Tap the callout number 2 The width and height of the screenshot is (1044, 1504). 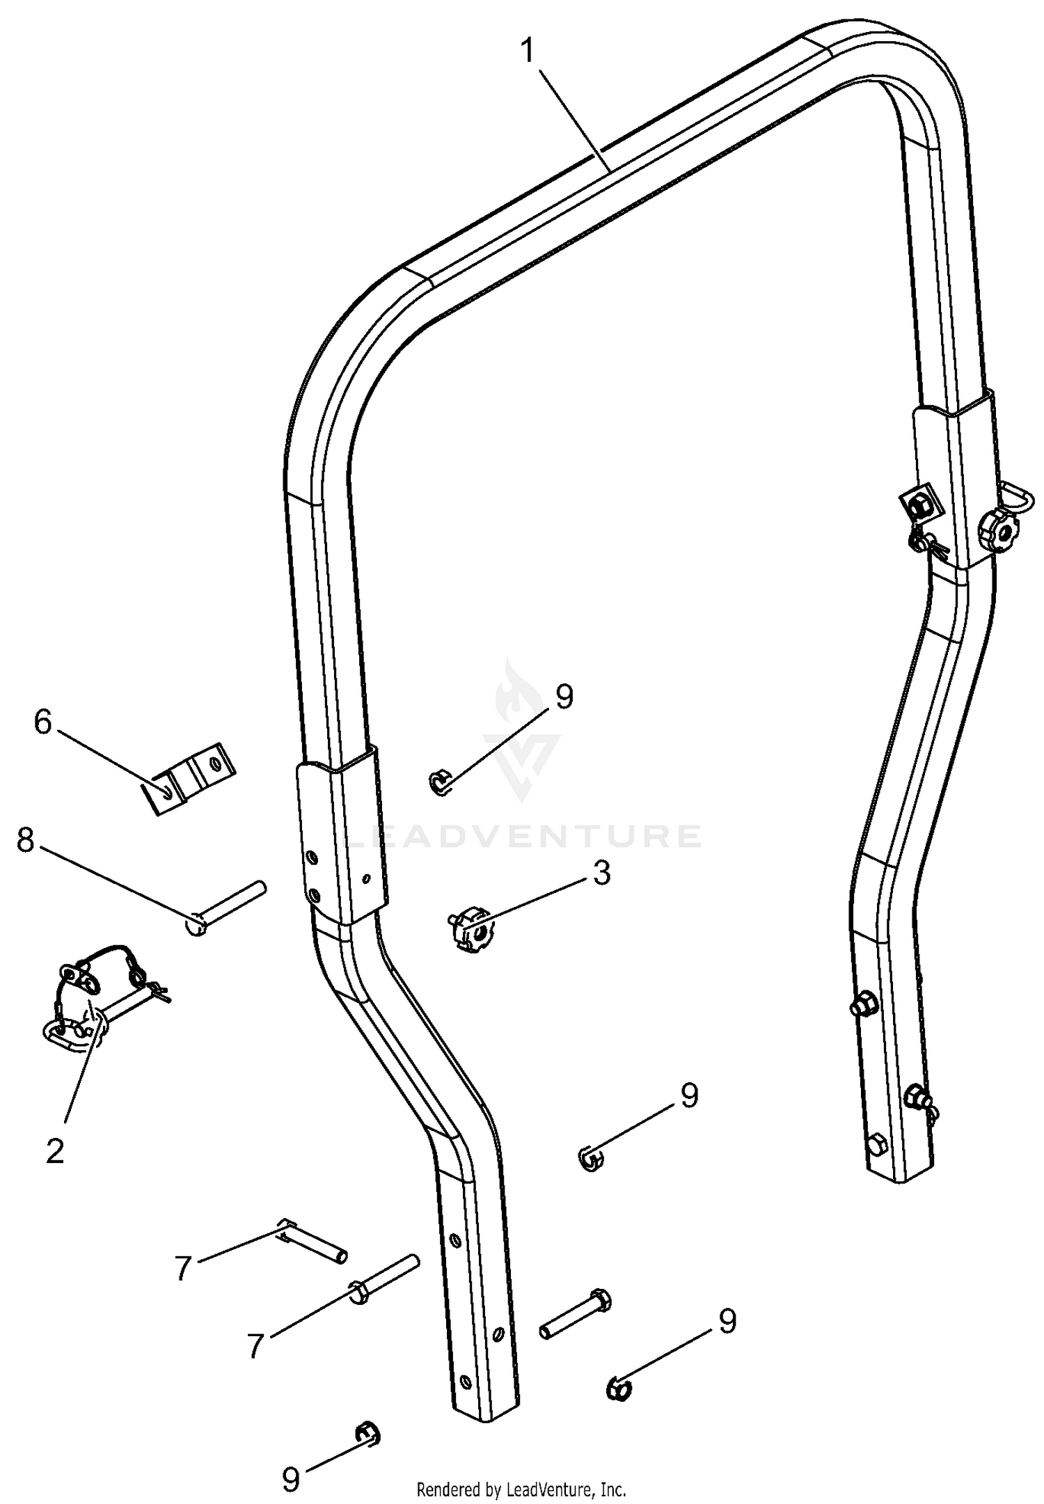pyautogui.click(x=55, y=1150)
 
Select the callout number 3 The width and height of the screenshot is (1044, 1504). pyautogui.click(x=602, y=872)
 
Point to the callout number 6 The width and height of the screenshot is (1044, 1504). pyautogui.click(x=43, y=722)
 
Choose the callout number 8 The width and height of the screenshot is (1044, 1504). pyautogui.click(x=25, y=841)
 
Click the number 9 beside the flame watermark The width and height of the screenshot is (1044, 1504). pyautogui.click(x=564, y=697)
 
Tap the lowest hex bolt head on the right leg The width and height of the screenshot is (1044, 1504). pyautogui.click(x=878, y=1143)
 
